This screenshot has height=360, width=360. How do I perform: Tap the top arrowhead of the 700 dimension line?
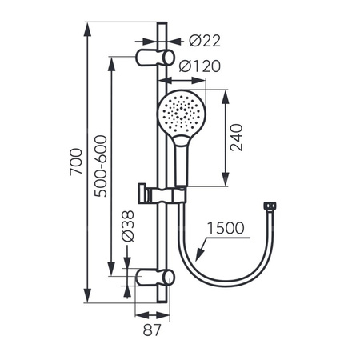tap(87, 26)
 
